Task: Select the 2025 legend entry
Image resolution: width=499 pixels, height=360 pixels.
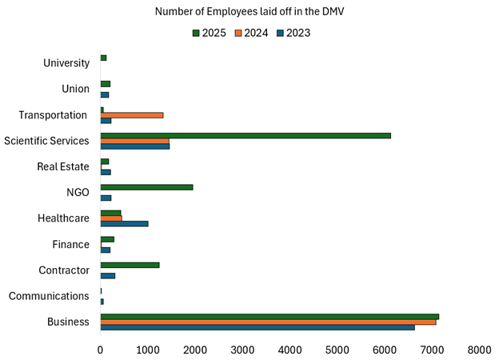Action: pyautogui.click(x=209, y=33)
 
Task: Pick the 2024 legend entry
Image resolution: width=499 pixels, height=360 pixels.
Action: pyautogui.click(x=250, y=33)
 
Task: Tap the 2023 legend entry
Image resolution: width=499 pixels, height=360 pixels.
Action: pyautogui.click(x=293, y=33)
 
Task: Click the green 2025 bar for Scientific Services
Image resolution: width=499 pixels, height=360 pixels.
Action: pyautogui.click(x=246, y=135)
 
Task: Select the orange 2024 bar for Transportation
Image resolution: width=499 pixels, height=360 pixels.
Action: pyautogui.click(x=132, y=115)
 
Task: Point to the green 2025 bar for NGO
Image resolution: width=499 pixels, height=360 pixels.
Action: pyautogui.click(x=146, y=187)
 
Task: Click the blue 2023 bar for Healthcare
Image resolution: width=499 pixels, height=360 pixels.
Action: pyautogui.click(x=124, y=223)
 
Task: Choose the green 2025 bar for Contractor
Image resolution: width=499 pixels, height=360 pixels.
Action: pyautogui.click(x=130, y=265)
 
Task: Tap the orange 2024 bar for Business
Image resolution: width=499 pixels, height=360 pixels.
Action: pyautogui.click(x=268, y=322)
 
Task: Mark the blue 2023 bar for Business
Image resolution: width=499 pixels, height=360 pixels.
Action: pyautogui.click(x=257, y=327)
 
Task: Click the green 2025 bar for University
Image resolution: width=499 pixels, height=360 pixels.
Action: pyautogui.click(x=103, y=58)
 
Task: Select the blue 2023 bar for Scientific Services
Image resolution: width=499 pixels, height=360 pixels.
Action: pyautogui.click(x=134, y=146)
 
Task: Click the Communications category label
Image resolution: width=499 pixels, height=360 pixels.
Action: pyautogui.click(x=49, y=296)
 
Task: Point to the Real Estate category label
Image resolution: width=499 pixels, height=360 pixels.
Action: pyautogui.click(x=62, y=166)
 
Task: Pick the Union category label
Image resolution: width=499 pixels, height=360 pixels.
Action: pyautogui.click(x=75, y=89)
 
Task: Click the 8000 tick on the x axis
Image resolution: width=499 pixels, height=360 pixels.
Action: pyautogui.click(x=479, y=350)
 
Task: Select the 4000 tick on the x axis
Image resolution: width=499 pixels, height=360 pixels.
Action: pyautogui.click(x=289, y=350)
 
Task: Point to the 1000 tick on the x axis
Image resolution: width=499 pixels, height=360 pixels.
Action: pyautogui.click(x=147, y=350)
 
